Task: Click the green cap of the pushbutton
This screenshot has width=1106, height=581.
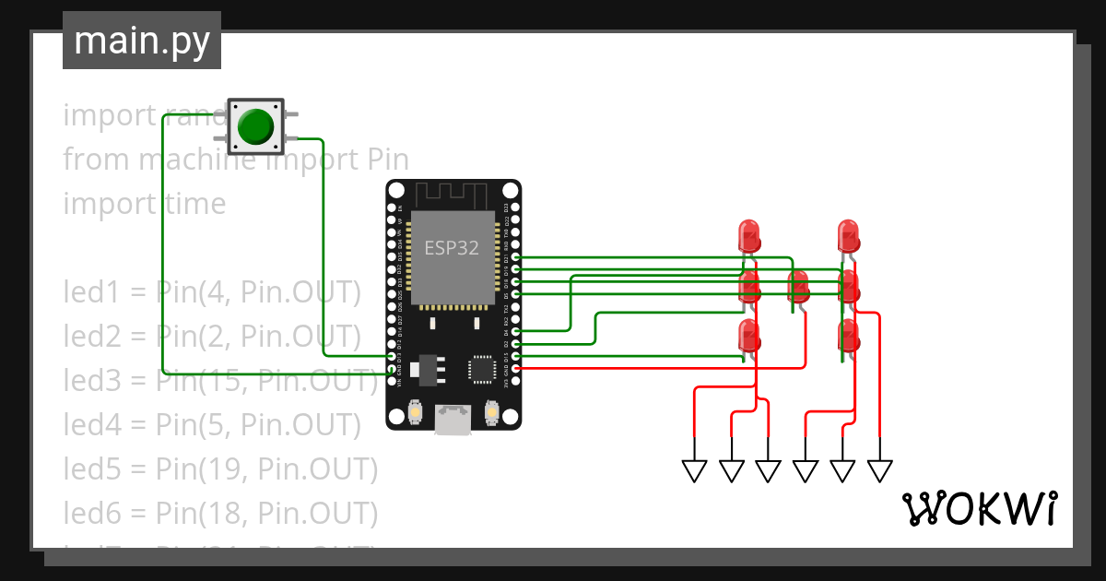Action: [x=255, y=126]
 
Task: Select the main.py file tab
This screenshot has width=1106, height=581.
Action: [x=142, y=41]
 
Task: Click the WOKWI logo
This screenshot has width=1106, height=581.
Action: [x=979, y=508]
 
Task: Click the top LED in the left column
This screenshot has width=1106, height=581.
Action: [x=749, y=235]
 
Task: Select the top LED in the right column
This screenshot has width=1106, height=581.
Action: [x=849, y=235]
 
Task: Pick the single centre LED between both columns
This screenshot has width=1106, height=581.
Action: [x=799, y=287]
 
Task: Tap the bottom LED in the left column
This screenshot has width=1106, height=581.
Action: [x=749, y=337]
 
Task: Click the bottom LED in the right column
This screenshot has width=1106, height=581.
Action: [x=849, y=337]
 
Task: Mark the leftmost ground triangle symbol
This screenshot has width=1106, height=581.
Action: [x=694, y=471]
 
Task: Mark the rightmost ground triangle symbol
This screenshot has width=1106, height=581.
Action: [x=880, y=471]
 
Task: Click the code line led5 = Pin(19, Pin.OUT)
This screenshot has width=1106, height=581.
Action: [x=220, y=469]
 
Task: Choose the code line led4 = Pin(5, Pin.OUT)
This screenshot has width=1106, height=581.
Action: [x=211, y=425]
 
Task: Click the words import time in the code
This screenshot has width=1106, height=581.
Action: [x=144, y=204]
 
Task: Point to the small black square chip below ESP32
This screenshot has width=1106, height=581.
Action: [x=482, y=369]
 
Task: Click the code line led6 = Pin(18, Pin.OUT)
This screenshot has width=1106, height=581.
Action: [x=220, y=513]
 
